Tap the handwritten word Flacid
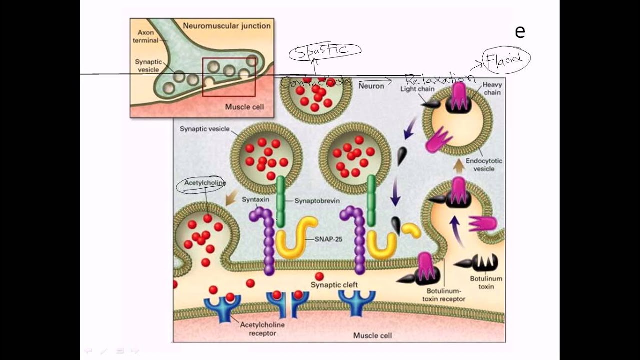(506, 59)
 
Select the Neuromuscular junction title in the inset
(227, 25)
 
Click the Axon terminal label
(145, 36)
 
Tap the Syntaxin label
(255, 199)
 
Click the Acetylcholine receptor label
(262, 329)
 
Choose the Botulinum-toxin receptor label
(445, 294)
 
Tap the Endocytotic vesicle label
(484, 165)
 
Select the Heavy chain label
(492, 89)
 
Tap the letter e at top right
(520, 32)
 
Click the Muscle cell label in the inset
(244, 107)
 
